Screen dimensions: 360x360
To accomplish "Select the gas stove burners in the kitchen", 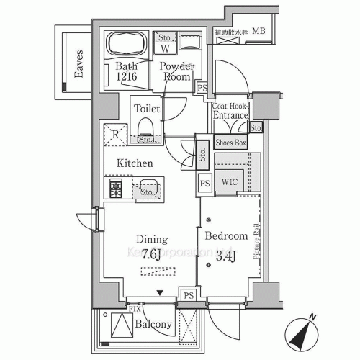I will pos(117,189).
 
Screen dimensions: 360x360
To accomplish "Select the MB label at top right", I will pos(258,32).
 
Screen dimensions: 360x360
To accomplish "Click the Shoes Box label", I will pos(230,143).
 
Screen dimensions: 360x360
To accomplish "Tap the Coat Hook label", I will pos(230,104).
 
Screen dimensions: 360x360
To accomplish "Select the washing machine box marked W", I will pos(165,49).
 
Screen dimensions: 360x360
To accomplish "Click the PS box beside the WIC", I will pos(205,183).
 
